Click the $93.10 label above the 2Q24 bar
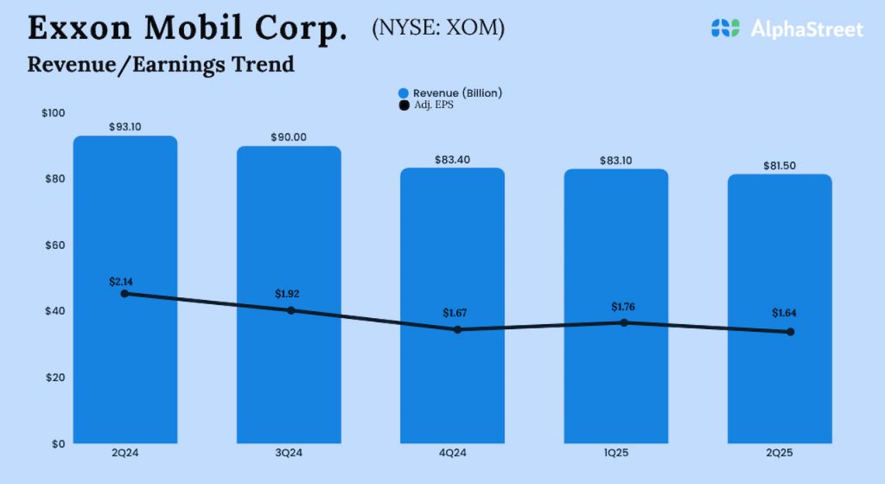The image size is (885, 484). coord(125,127)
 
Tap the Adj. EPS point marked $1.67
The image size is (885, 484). coord(457,329)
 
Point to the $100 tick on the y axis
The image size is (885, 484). coord(54,113)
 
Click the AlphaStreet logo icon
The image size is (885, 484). coord(725,29)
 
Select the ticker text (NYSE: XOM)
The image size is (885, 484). coord(438,29)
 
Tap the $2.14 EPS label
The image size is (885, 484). coord(125,282)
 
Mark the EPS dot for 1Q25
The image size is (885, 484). coord(623,322)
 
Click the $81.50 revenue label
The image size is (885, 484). coord(780,165)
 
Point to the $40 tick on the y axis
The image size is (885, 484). coord(55,311)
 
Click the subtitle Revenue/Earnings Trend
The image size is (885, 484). coord(161,64)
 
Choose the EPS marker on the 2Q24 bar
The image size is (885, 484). coord(125,294)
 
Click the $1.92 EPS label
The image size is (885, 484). coord(291,294)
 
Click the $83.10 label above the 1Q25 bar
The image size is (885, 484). coord(616,160)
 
